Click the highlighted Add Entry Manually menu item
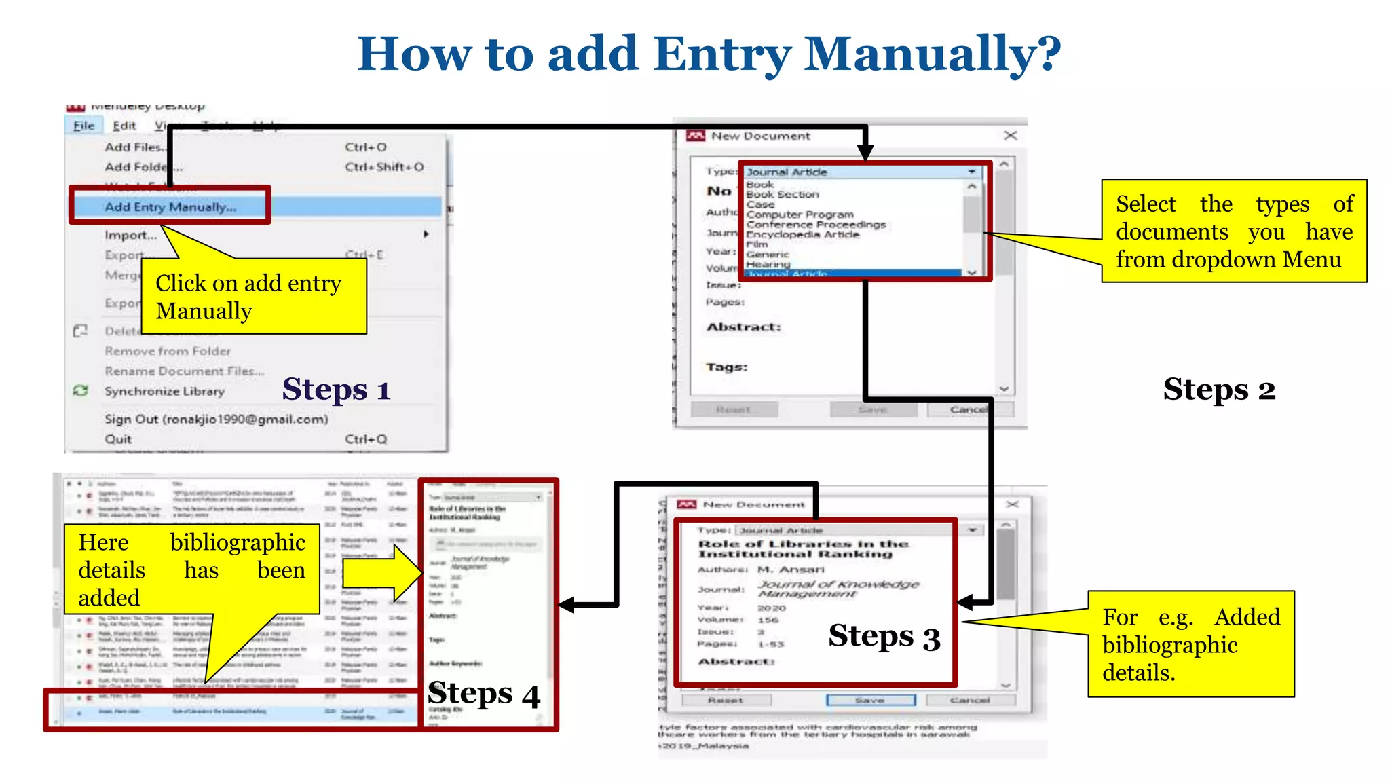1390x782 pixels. tap(170, 206)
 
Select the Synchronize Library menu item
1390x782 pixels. tap(164, 391)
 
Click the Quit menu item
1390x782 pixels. tap(118, 439)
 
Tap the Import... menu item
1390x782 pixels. tap(130, 235)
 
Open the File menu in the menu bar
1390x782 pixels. tap(83, 126)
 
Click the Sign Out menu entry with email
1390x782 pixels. tap(216, 419)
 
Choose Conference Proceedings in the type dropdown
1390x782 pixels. tap(816, 225)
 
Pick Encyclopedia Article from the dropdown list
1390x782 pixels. tap(802, 234)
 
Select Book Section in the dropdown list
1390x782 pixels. tap(783, 194)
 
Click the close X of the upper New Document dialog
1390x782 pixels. tap(1010, 135)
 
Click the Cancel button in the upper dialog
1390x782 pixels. tap(969, 409)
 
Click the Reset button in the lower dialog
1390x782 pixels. tap(725, 700)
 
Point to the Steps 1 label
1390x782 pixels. tap(336, 390)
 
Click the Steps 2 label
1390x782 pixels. tap(1219, 390)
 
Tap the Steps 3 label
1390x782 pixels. tap(884, 637)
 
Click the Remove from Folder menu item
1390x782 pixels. tap(168, 351)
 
